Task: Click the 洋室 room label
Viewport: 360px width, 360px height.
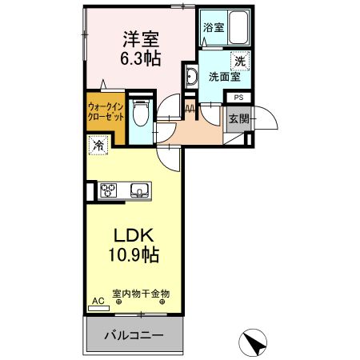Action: (x=140, y=37)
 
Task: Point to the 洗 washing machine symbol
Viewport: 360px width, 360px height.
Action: (x=238, y=59)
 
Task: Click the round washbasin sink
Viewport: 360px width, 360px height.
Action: (x=192, y=78)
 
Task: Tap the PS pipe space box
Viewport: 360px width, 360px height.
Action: (x=238, y=98)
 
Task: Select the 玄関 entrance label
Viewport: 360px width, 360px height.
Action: (x=238, y=120)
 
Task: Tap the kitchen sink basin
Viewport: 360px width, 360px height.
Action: (x=138, y=190)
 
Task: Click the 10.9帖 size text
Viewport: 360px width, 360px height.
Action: (x=134, y=256)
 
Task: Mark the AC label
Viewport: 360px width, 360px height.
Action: (x=98, y=301)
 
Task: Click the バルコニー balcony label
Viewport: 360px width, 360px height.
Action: (x=134, y=334)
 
